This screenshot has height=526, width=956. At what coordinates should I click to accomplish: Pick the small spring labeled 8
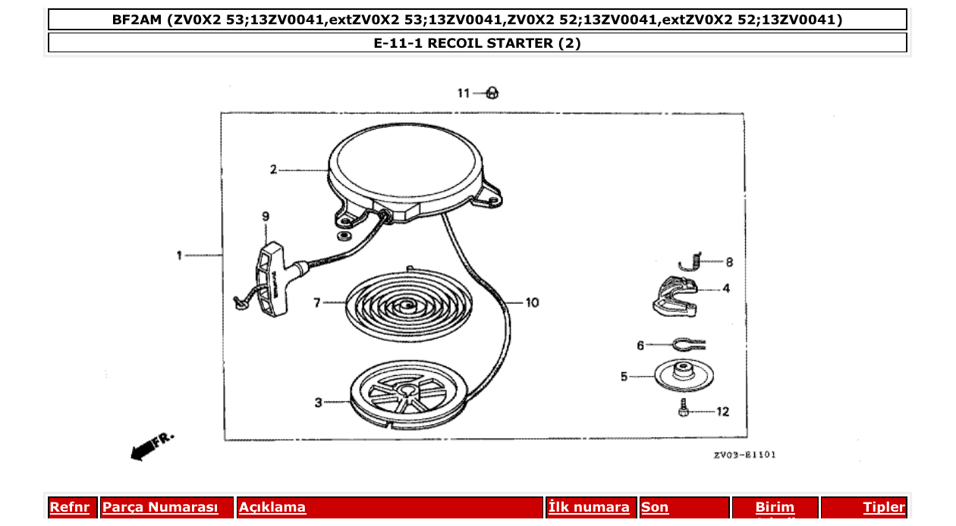pyautogui.click(x=690, y=259)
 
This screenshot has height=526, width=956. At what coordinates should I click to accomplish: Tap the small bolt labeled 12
pyautogui.click(x=684, y=410)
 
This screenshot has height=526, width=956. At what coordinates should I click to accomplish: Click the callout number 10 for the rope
pyautogui.click(x=532, y=302)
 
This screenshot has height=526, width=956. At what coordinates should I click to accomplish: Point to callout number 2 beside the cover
pyautogui.click(x=273, y=170)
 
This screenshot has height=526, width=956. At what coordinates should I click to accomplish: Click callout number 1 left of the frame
pyautogui.click(x=179, y=255)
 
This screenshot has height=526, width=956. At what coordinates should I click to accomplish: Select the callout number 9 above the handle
pyautogui.click(x=266, y=217)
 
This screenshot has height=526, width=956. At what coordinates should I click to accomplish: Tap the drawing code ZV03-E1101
pyautogui.click(x=744, y=455)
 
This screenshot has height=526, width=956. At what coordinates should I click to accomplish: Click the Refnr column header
pyautogui.click(x=69, y=508)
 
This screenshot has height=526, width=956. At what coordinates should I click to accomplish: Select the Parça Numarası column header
pyautogui.click(x=160, y=508)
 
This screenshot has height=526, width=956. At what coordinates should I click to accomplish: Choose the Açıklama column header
pyautogui.click(x=272, y=508)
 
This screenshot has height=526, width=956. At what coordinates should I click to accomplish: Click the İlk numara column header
pyautogui.click(x=589, y=508)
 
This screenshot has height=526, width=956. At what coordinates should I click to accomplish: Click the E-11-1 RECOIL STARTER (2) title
pyautogui.click(x=477, y=43)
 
